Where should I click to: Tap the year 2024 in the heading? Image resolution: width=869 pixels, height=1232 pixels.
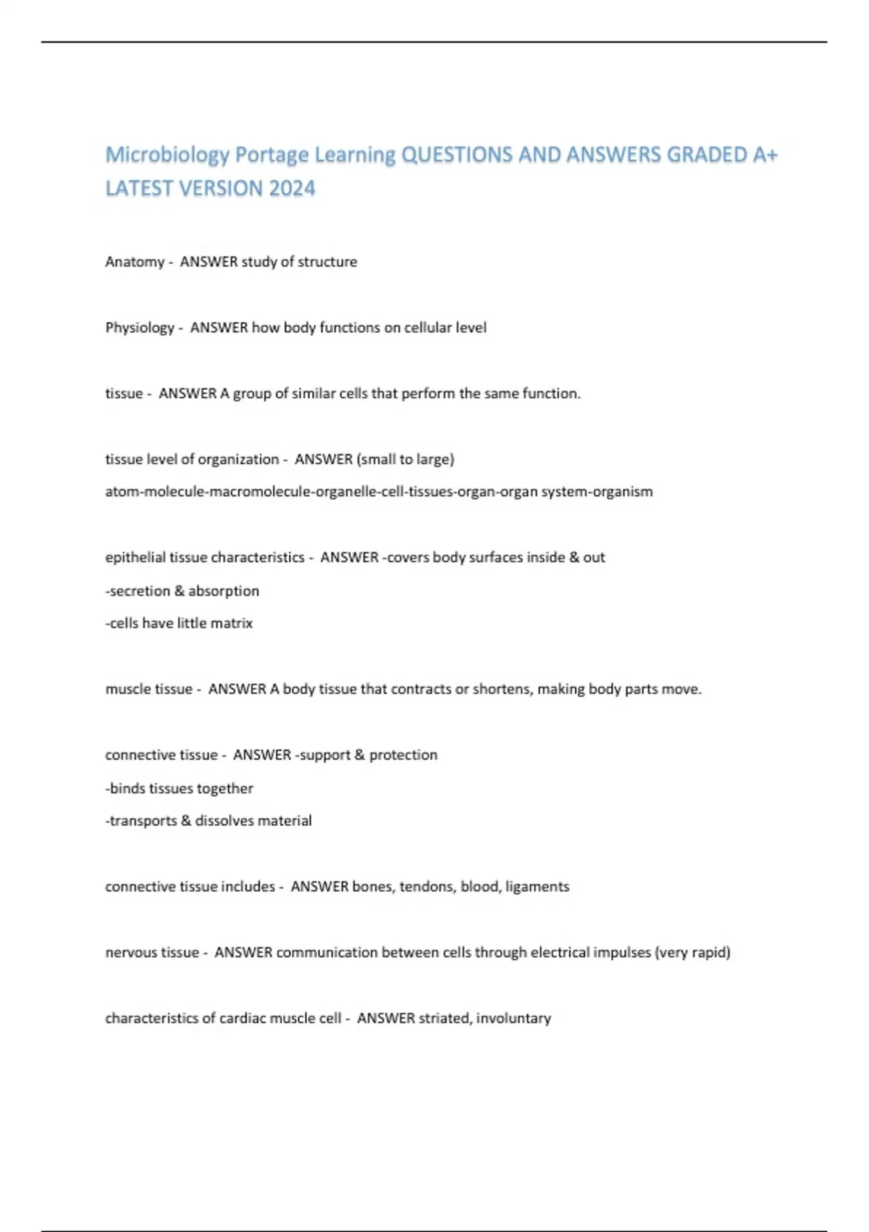click(292, 188)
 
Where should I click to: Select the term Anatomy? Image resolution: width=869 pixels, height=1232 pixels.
click(135, 262)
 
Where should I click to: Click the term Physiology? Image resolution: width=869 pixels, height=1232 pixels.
click(140, 328)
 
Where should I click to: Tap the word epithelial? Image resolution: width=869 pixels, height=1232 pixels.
click(135, 557)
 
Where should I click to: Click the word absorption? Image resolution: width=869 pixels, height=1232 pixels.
click(224, 591)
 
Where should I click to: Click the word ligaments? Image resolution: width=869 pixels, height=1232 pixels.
click(537, 887)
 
